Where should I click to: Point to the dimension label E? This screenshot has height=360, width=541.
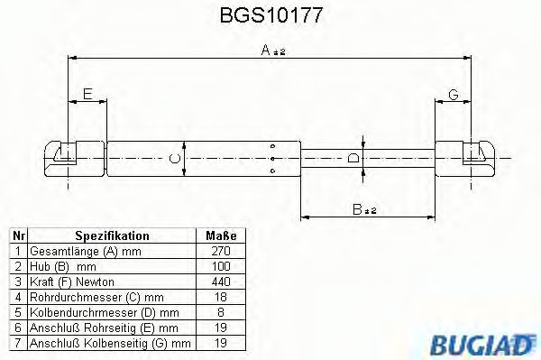[87, 94]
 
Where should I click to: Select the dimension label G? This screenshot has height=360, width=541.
[453, 94]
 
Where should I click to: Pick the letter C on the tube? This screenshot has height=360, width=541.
[176, 161]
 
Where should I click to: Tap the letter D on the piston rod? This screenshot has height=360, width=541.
[353, 159]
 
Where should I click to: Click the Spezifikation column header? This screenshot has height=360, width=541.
[112, 235]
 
